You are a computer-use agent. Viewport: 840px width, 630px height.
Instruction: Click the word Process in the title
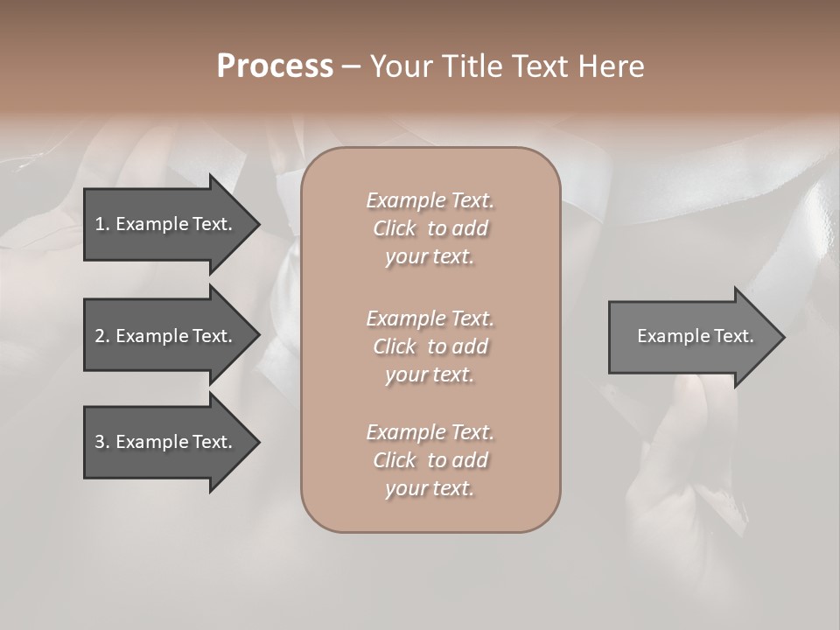275,66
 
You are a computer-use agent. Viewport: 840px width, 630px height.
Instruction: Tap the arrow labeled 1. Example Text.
166,224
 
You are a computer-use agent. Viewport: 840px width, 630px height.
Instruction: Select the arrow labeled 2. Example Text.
166,336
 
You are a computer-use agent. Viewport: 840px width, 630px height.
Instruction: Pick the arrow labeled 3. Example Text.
166,442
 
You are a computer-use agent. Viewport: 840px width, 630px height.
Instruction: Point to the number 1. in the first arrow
101,224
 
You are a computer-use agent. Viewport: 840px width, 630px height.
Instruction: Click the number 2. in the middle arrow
101,336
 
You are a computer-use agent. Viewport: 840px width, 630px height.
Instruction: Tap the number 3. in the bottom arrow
101,442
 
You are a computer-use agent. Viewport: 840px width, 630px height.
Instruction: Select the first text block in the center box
430,228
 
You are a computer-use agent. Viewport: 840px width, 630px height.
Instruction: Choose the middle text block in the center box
430,346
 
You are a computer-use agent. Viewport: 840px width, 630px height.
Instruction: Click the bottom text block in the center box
430,460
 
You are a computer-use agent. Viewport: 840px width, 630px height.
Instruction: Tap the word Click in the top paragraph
395,228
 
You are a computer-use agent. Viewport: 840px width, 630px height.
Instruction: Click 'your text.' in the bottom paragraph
430,488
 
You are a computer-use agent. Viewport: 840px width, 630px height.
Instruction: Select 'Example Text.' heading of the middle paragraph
430,318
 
